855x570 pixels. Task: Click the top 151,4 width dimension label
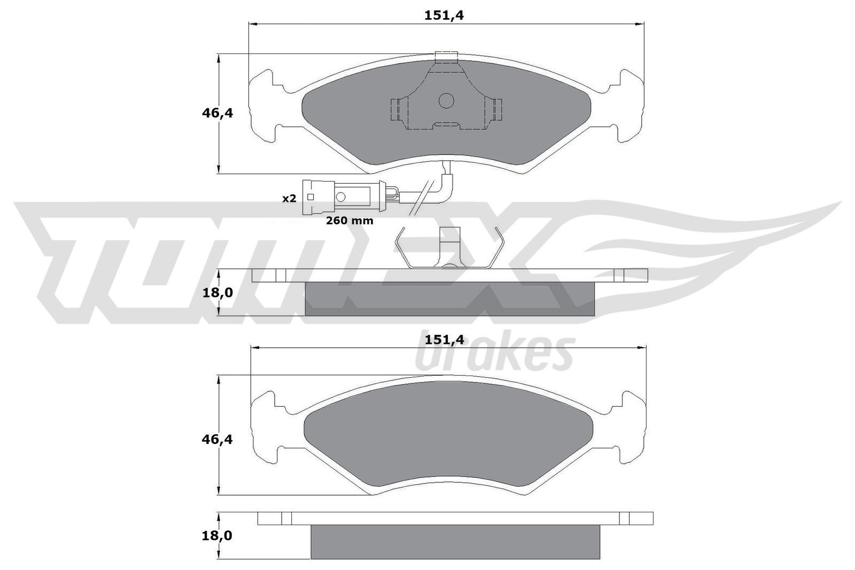coord(444,15)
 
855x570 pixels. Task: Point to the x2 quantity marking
coord(289,199)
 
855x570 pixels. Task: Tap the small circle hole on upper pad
coord(446,100)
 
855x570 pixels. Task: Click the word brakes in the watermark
coord(494,354)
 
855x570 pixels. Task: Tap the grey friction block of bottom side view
coord(455,541)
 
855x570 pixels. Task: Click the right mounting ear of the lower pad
coord(631,430)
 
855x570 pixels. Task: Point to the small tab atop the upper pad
coord(447,56)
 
